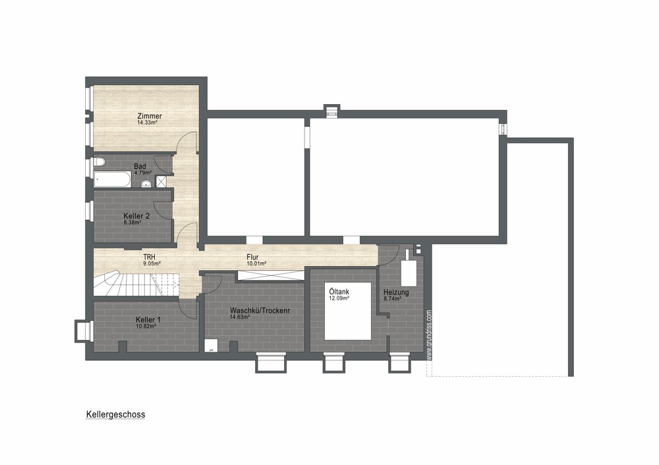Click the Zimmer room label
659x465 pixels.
pyautogui.click(x=150, y=117)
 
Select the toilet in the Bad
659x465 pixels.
pyautogui.click(x=99, y=162)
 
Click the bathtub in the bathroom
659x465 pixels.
pyautogui.click(x=112, y=180)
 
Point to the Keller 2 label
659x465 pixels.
pyautogui.click(x=136, y=216)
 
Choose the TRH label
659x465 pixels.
pyautogui.click(x=149, y=257)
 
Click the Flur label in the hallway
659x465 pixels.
pyautogui.click(x=252, y=257)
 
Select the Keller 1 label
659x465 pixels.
pyautogui.click(x=148, y=319)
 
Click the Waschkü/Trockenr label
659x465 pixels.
pyautogui.click(x=260, y=311)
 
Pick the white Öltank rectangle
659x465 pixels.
pyautogui.click(x=348, y=311)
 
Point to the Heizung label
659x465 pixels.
pyautogui.click(x=396, y=292)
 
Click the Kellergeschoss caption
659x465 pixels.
pyautogui.click(x=115, y=414)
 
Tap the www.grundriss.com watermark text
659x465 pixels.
pyautogui.click(x=429, y=335)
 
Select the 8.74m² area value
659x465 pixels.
pyautogui.click(x=392, y=298)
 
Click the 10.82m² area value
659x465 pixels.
pyautogui.click(x=146, y=326)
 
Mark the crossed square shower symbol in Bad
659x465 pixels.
pyautogui.click(x=161, y=182)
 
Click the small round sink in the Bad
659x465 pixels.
pyautogui.click(x=146, y=184)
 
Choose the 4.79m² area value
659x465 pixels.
pyautogui.click(x=143, y=173)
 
